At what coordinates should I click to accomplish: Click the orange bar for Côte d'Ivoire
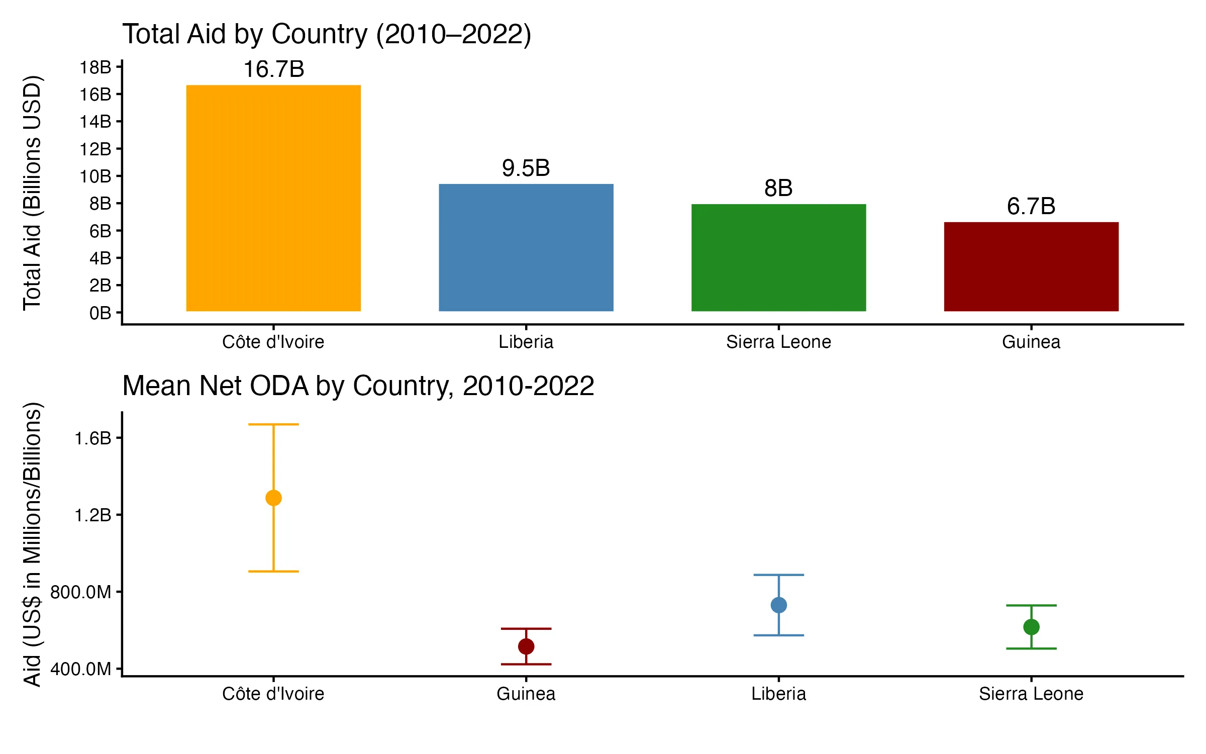273,198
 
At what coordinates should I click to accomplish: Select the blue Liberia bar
526,247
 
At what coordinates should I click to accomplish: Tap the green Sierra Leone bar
778,257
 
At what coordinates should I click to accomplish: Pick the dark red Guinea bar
1031,266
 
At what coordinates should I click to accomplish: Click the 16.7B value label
274,69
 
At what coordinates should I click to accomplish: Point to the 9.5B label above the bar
526,168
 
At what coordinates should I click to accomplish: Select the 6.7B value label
1031,206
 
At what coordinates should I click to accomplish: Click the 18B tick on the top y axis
95,67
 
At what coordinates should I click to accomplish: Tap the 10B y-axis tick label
95,176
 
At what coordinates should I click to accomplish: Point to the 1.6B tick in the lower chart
93,438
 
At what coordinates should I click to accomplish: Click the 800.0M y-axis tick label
81,592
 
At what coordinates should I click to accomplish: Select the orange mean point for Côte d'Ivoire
273,498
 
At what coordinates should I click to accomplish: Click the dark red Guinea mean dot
526,646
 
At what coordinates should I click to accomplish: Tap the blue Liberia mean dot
778,605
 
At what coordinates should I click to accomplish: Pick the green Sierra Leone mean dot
1031,627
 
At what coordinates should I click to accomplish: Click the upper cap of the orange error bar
273,425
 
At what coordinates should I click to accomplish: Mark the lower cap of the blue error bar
778,635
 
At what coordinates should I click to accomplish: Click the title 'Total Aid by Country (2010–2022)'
327,34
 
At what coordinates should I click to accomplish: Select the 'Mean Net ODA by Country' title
358,386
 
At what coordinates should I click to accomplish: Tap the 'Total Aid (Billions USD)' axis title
32,193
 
